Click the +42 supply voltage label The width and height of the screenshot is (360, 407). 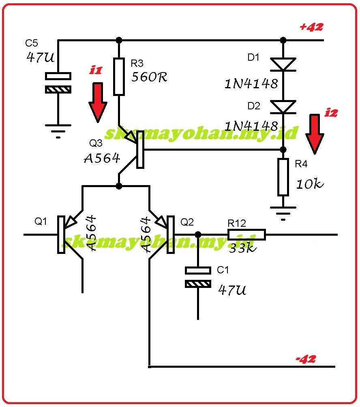(x=311, y=27)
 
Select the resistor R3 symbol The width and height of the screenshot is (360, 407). (x=119, y=77)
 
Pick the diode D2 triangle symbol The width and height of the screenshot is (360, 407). (x=283, y=107)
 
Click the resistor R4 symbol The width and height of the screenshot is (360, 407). (x=283, y=177)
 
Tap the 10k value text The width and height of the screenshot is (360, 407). (x=310, y=184)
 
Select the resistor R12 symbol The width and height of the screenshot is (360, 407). (x=246, y=234)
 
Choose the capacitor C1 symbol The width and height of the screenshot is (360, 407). (x=198, y=277)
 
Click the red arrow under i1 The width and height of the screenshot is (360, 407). (x=98, y=102)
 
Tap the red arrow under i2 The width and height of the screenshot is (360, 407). (x=315, y=134)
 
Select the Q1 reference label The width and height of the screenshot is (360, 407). (x=41, y=222)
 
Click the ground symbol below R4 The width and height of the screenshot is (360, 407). (x=283, y=212)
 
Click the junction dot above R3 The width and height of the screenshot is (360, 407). (x=119, y=40)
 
